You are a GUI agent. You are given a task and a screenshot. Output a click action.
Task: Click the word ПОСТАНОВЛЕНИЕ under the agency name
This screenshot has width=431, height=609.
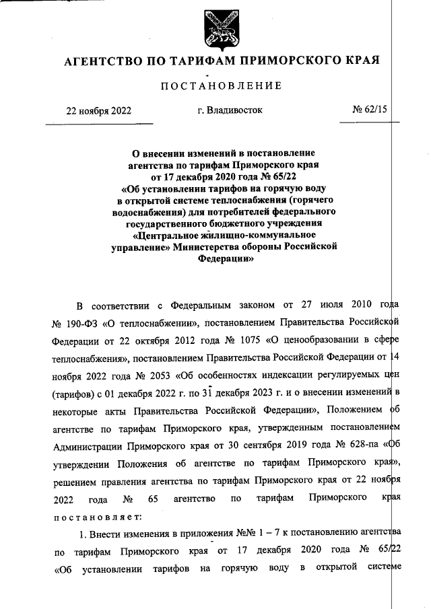[221, 85]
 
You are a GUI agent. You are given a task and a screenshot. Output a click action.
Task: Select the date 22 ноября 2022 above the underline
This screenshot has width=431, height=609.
[98, 110]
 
